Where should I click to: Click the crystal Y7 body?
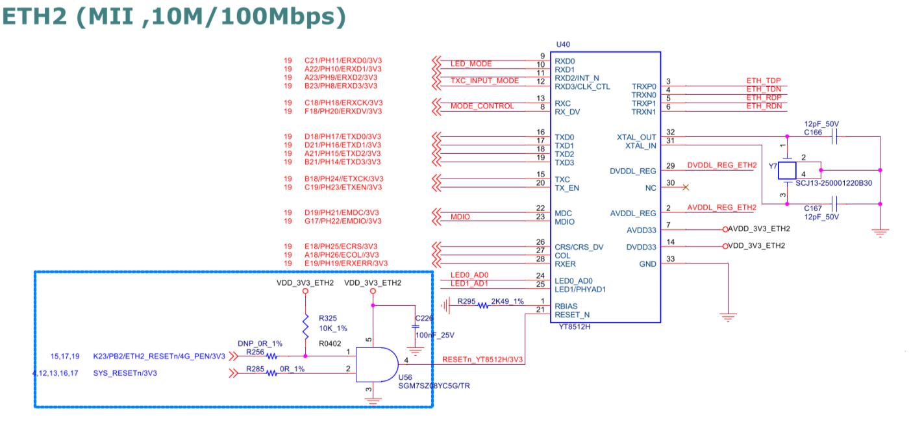tap(788, 171)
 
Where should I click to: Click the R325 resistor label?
tap(328, 318)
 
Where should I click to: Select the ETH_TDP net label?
tap(763, 81)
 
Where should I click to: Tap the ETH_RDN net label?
tap(763, 106)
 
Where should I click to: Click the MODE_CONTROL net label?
tap(482, 106)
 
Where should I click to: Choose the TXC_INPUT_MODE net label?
tap(484, 81)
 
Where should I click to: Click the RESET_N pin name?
tap(571, 315)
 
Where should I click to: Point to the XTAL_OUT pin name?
tap(636, 137)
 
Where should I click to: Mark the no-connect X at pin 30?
tap(684, 188)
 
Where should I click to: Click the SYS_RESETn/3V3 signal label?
tap(125, 373)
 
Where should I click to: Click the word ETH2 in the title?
tap(36, 18)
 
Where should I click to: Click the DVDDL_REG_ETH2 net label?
tap(721, 166)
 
